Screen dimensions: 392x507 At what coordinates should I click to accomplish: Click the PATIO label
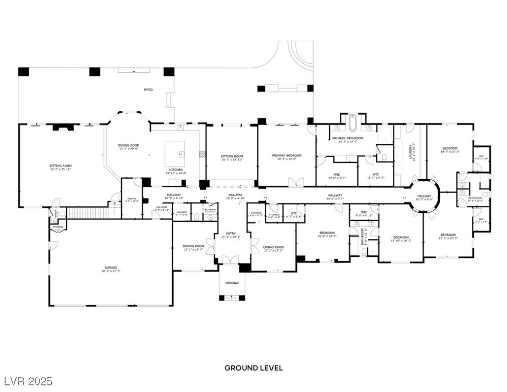(147, 90)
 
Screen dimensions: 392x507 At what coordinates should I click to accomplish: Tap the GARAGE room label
(111, 267)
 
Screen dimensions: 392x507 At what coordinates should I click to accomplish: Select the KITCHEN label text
(176, 169)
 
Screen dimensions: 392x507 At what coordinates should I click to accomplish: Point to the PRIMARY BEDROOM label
(287, 155)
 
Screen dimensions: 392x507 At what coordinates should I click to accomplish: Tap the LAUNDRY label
(410, 152)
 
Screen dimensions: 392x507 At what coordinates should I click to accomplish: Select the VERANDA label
(233, 283)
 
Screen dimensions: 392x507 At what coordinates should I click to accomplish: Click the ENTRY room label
(231, 233)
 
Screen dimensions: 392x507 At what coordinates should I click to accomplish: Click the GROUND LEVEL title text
(253, 367)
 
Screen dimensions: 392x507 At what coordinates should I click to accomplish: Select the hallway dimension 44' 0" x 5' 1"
(335, 199)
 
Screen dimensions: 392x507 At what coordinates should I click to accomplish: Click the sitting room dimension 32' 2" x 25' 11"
(61, 169)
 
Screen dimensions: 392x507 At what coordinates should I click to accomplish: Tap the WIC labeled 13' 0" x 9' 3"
(336, 178)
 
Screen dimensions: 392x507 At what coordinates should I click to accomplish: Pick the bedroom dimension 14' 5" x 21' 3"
(449, 152)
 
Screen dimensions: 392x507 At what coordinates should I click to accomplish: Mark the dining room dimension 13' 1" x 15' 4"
(193, 250)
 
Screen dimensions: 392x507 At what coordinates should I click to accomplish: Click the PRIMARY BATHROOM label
(347, 138)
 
